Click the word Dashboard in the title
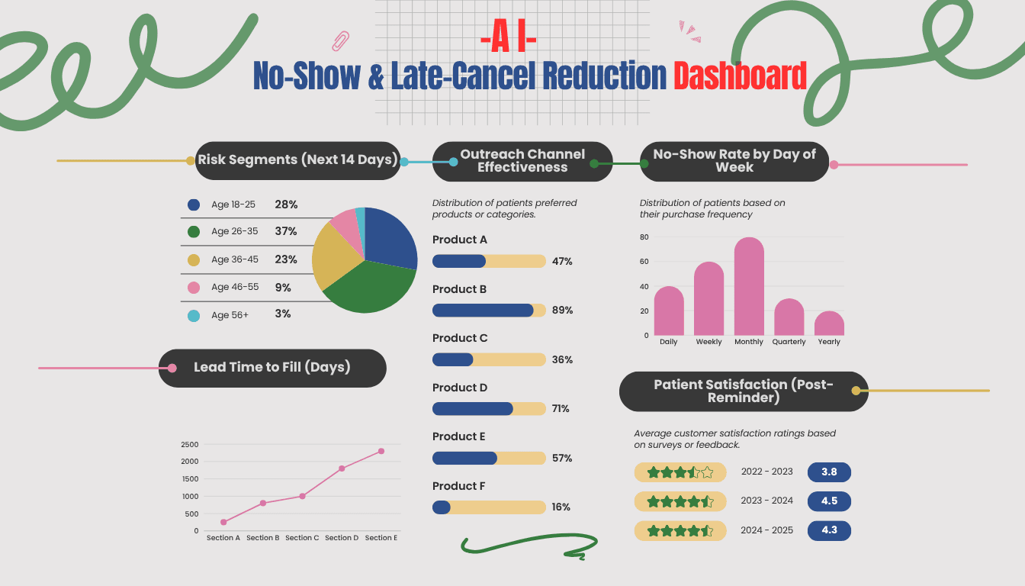[739, 76]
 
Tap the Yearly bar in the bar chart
[829, 324]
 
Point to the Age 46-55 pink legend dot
[194, 288]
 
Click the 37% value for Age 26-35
[286, 231]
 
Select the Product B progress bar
[489, 311]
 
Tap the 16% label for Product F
[561, 507]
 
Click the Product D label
[460, 388]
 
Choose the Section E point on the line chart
[381, 451]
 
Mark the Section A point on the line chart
[223, 522]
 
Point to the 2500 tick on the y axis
[190, 444]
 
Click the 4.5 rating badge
[829, 501]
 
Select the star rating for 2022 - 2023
[680, 472]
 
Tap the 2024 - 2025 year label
[766, 530]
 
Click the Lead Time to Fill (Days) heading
[272, 368]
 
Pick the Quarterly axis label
[789, 342]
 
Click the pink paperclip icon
[341, 40]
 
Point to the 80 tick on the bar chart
[644, 237]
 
